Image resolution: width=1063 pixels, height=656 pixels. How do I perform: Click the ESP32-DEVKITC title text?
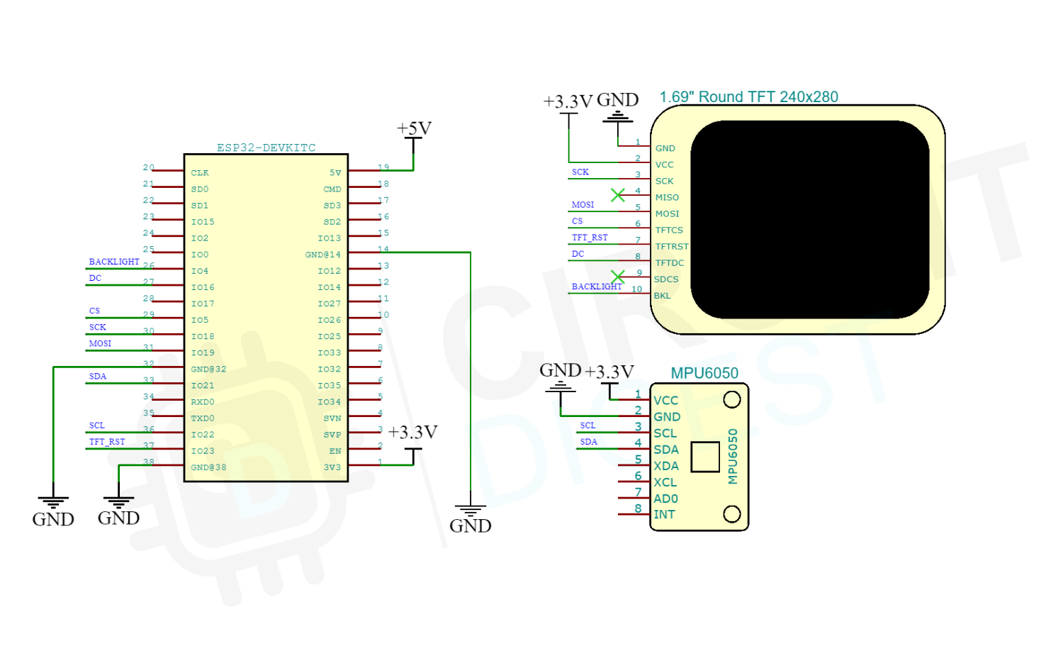(266, 148)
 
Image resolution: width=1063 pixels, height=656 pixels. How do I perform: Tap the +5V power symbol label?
(414, 128)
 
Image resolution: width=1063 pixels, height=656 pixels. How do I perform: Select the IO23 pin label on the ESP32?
(202, 451)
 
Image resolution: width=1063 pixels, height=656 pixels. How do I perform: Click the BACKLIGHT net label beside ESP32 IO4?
(114, 262)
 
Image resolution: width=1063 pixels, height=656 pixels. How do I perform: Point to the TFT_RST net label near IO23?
(107, 442)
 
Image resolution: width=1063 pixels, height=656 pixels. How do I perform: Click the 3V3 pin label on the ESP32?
(332, 467)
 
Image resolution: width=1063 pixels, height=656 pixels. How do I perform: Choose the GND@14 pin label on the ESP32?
(322, 255)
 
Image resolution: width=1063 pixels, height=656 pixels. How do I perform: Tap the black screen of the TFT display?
(809, 219)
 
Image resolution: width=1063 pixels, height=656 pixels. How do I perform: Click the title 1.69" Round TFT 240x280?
(748, 97)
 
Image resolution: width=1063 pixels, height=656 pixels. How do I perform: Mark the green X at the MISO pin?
(618, 195)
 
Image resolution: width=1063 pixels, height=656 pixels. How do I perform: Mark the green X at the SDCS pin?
(618, 277)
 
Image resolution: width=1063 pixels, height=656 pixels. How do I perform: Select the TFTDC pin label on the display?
(670, 263)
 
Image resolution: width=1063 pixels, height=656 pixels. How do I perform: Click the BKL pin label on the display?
(662, 296)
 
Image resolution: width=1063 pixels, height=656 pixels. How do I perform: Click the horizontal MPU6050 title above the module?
(704, 373)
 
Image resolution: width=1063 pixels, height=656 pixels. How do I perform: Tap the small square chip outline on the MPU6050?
(704, 457)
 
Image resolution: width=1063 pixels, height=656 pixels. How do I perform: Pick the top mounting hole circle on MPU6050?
(732, 400)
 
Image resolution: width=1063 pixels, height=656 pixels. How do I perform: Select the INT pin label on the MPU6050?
(664, 515)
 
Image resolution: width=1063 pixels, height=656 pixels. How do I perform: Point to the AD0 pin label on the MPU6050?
(665, 499)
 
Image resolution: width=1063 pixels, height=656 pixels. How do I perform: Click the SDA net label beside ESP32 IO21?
(98, 377)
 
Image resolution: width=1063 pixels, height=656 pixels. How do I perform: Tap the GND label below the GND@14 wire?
(470, 526)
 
